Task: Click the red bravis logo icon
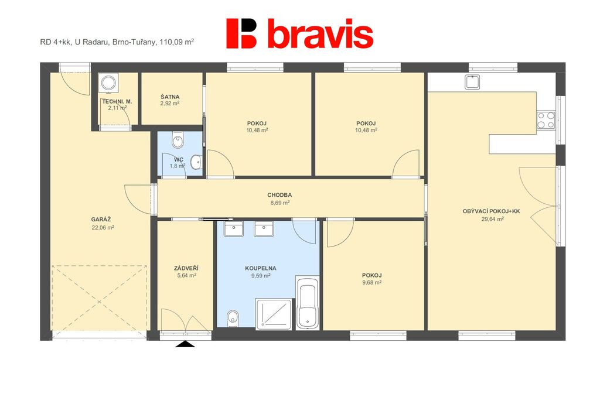(241, 33)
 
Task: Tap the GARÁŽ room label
(101, 220)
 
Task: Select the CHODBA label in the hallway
(279, 195)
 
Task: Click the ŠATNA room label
(170, 97)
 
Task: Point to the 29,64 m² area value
(492, 219)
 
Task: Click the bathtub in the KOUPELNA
(307, 303)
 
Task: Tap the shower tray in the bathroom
(274, 314)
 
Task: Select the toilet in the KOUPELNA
(233, 319)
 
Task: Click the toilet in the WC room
(178, 140)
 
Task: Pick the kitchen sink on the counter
(472, 82)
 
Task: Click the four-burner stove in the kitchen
(546, 120)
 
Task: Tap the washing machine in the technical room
(108, 83)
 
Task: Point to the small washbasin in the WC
(196, 162)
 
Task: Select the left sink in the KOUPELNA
(233, 229)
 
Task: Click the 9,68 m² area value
(372, 283)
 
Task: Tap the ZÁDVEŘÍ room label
(186, 269)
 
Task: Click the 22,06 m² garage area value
(103, 227)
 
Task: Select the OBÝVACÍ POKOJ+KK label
(492, 211)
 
